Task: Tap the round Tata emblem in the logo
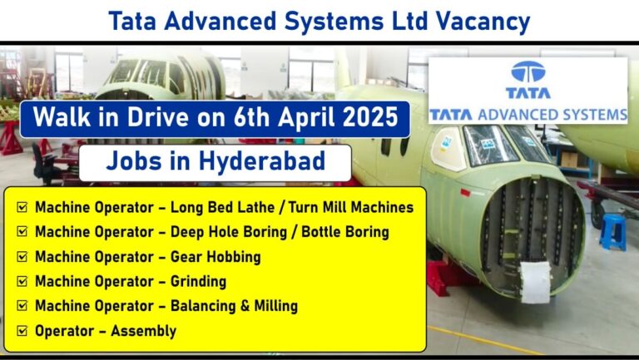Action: coord(528,72)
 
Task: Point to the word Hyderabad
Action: coord(262,160)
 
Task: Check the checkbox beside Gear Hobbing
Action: coord(22,257)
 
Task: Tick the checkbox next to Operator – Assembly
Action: coord(22,331)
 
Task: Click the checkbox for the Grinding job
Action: coord(22,281)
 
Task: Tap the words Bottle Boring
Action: coord(345,232)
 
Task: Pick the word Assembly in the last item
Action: coord(143,331)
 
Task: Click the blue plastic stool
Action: coord(613,232)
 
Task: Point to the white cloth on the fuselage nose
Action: coord(535,282)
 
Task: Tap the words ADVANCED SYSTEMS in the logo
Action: coord(552,115)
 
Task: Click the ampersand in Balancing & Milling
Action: coord(245,306)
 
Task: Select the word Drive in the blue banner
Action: coord(158,117)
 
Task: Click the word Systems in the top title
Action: coord(334,22)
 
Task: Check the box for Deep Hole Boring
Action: coord(22,232)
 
